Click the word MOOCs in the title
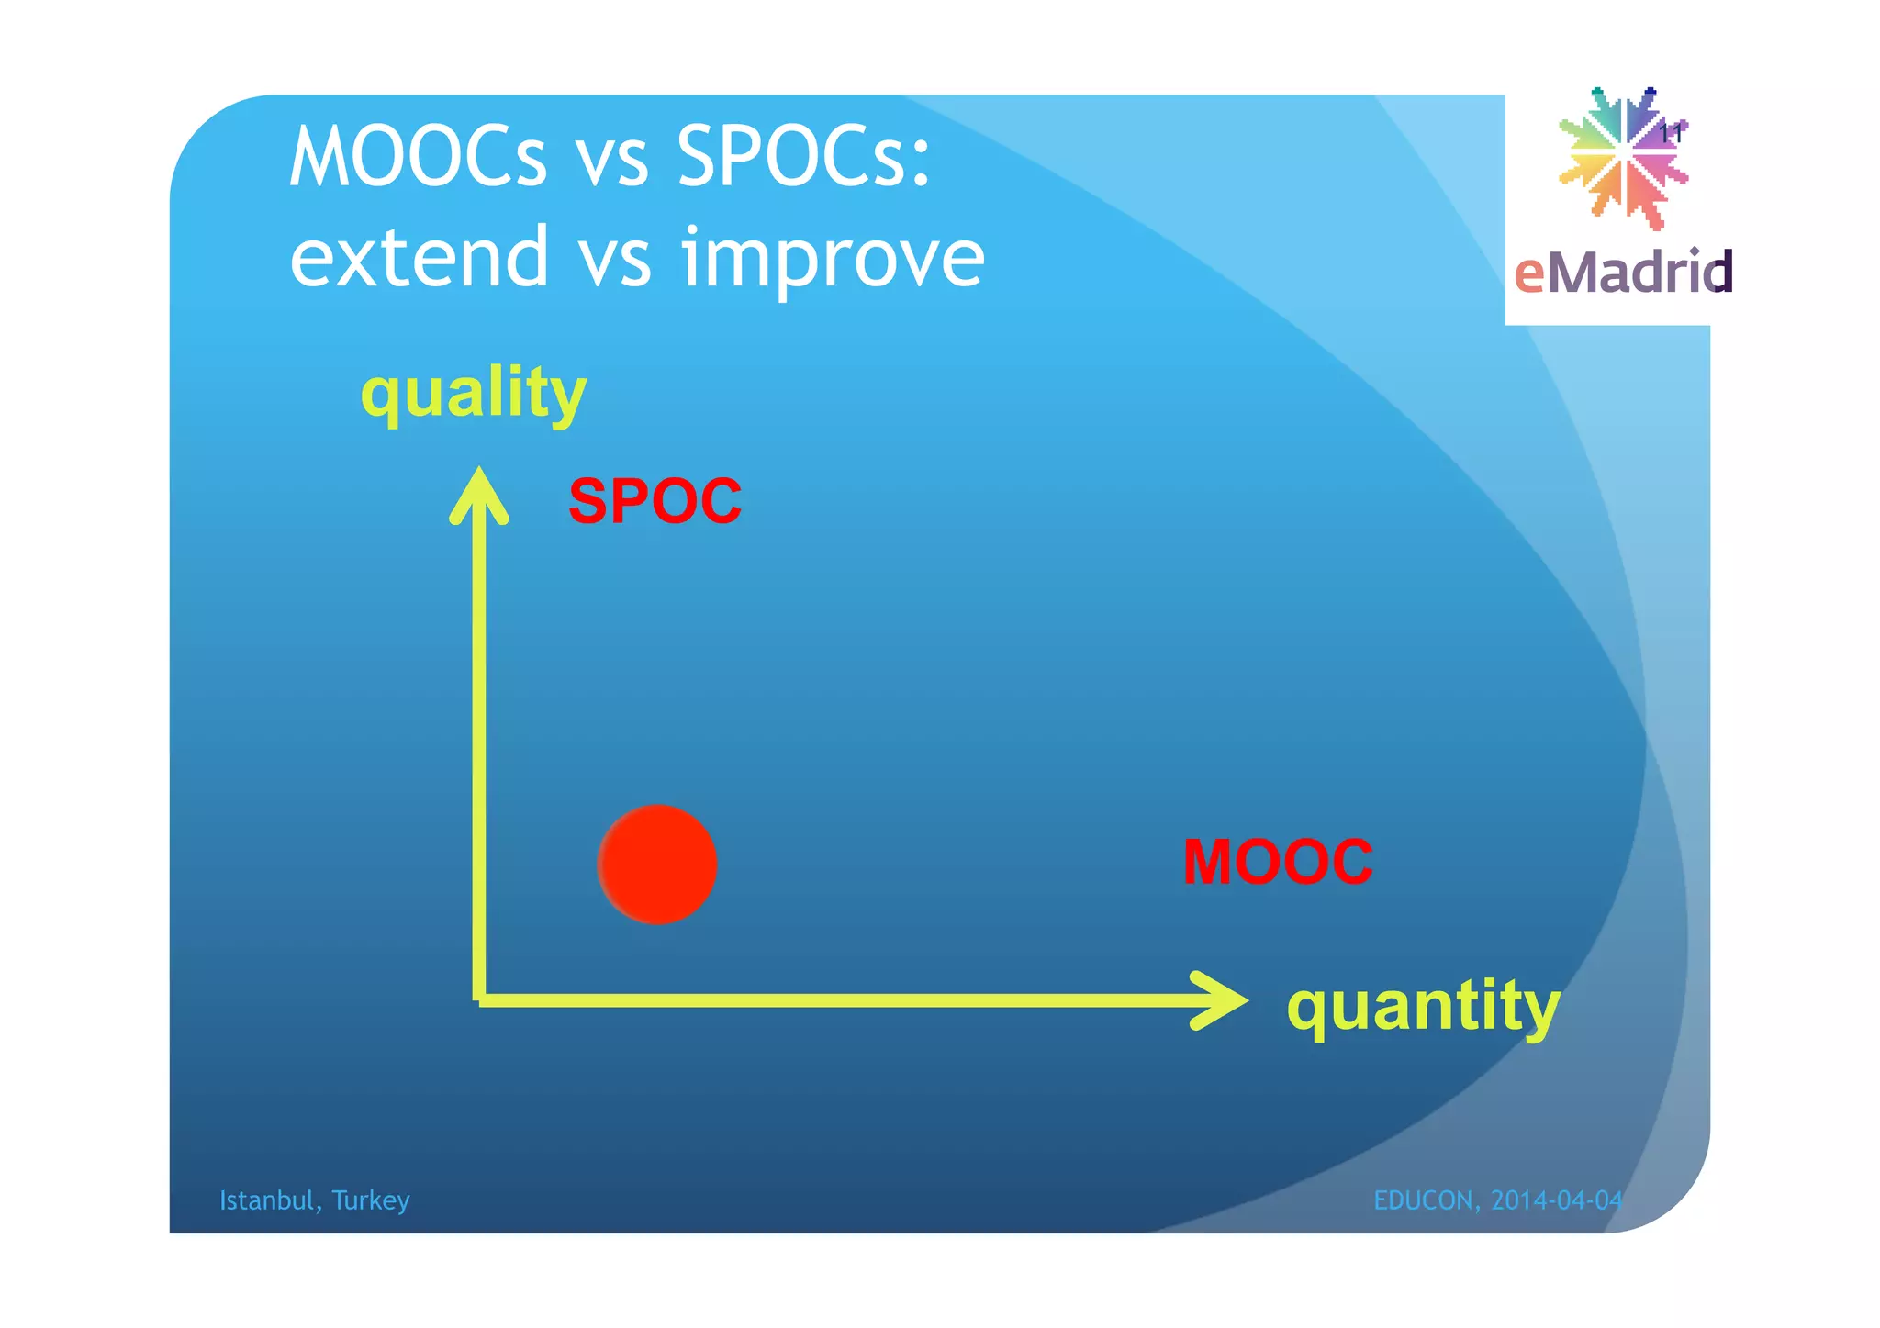click(418, 158)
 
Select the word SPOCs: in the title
click(803, 158)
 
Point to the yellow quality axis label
click(473, 393)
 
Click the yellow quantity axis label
click(1423, 1006)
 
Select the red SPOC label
click(655, 501)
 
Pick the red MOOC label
click(1277, 862)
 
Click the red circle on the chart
click(657, 865)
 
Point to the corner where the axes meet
click(479, 999)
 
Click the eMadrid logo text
click(1622, 273)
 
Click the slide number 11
click(1671, 134)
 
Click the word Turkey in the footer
click(371, 1200)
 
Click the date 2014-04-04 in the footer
click(1557, 1200)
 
